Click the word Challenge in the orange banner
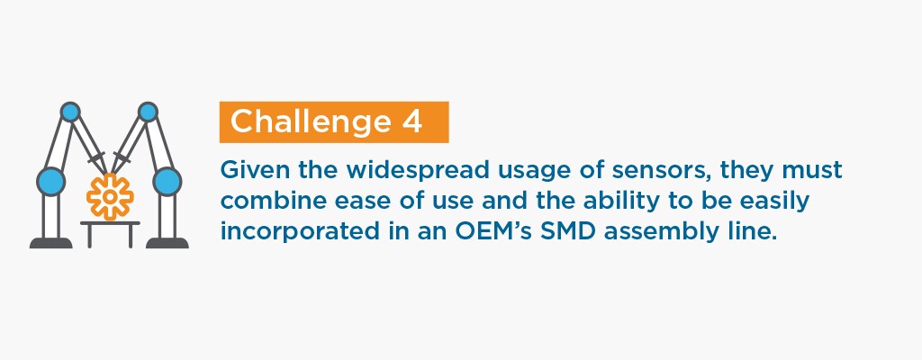[x=311, y=121]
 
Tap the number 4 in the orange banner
[x=412, y=121]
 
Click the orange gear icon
[x=110, y=196]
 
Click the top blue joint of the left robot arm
[x=70, y=112]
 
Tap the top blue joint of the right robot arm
[x=148, y=112]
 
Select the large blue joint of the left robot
[x=51, y=181]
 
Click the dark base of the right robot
[x=167, y=243]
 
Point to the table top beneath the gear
[x=110, y=224]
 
